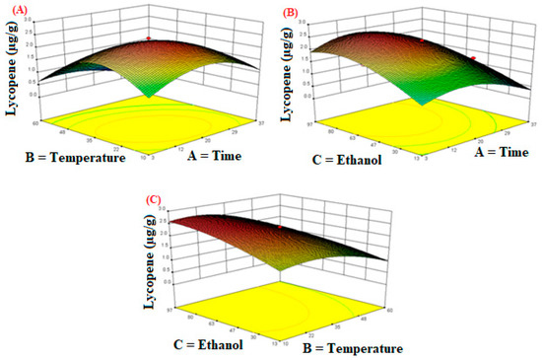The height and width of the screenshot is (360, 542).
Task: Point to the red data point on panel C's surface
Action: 279,228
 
